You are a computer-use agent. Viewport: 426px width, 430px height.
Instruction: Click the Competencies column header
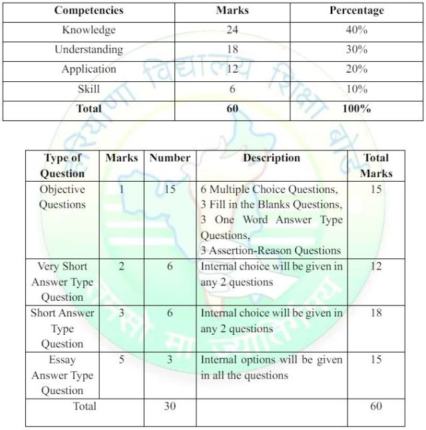point(89,11)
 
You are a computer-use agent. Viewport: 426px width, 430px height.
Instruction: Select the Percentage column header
point(356,11)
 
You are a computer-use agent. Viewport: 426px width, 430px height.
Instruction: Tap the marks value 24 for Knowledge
point(232,30)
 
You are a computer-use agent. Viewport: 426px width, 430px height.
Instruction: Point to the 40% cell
point(356,30)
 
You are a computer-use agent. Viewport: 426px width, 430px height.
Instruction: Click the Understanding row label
point(89,49)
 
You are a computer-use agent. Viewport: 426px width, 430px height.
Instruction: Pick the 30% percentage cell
point(356,49)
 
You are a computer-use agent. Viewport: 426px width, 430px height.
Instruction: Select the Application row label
point(89,69)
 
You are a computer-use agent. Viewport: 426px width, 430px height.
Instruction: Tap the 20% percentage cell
point(356,69)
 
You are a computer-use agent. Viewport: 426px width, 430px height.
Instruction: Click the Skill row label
point(89,89)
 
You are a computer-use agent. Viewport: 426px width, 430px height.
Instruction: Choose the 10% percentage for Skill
point(356,89)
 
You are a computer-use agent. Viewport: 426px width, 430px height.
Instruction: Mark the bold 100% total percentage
point(356,108)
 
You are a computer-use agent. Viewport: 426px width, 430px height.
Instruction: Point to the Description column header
point(271,158)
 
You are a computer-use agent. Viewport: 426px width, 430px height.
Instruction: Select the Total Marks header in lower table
point(376,166)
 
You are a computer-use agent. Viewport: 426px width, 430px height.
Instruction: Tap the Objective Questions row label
point(62,197)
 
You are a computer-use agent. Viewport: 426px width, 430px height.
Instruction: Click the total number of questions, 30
point(170,406)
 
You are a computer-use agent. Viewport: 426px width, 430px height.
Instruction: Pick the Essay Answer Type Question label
point(62,375)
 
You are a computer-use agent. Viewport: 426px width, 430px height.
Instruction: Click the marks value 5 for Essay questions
point(120,360)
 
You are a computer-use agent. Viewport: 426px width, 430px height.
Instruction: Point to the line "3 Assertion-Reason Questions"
point(270,250)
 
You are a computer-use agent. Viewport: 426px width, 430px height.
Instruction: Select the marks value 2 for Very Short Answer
point(120,267)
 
